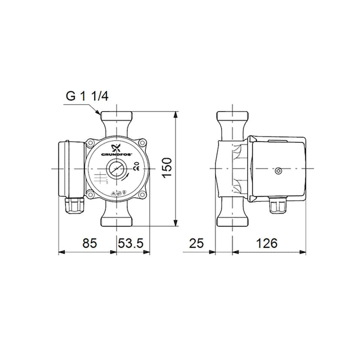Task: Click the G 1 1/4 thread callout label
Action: point(87,96)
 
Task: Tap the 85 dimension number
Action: point(90,243)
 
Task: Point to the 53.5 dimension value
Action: point(131,243)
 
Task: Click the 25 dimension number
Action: point(197,243)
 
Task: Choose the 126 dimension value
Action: point(267,243)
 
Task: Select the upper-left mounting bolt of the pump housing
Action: point(90,143)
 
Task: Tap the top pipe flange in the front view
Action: point(117,117)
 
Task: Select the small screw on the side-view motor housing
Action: point(278,170)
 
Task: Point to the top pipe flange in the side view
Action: point(233,117)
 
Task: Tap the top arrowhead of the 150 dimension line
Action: point(176,114)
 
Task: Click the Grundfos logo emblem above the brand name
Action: point(116,147)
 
